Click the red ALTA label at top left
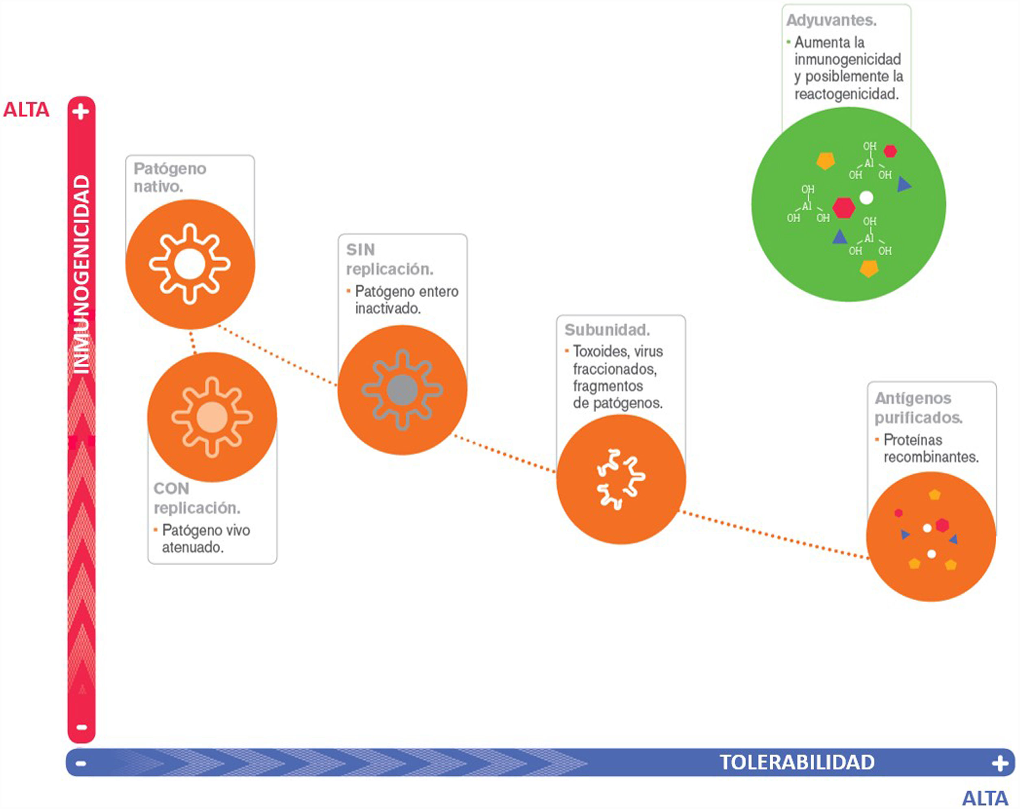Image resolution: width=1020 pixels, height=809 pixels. [x=26, y=110]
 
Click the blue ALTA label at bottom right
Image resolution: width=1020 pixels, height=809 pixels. [x=985, y=798]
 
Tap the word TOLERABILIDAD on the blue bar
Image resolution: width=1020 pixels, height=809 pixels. [x=797, y=763]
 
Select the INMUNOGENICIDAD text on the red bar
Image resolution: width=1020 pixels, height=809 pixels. [x=81, y=275]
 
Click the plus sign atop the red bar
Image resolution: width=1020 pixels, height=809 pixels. [x=81, y=112]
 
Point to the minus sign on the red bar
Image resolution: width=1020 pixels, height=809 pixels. [x=81, y=727]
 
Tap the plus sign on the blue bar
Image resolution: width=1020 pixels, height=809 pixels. [x=999, y=763]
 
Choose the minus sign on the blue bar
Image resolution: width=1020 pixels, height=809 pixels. [x=81, y=763]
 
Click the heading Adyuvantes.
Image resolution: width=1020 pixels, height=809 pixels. [x=831, y=20]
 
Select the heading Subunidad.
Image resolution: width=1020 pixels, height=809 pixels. [x=607, y=330]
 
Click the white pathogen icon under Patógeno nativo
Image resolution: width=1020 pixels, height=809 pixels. [x=190, y=264]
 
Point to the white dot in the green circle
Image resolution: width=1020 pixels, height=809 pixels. [x=866, y=197]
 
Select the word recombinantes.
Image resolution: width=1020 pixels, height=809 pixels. [x=931, y=457]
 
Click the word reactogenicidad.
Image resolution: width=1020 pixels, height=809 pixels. [x=846, y=94]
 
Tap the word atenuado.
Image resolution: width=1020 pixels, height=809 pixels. [x=192, y=547]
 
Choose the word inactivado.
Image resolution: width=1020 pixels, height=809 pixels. [x=388, y=308]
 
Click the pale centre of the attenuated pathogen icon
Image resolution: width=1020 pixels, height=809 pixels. [x=212, y=417]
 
